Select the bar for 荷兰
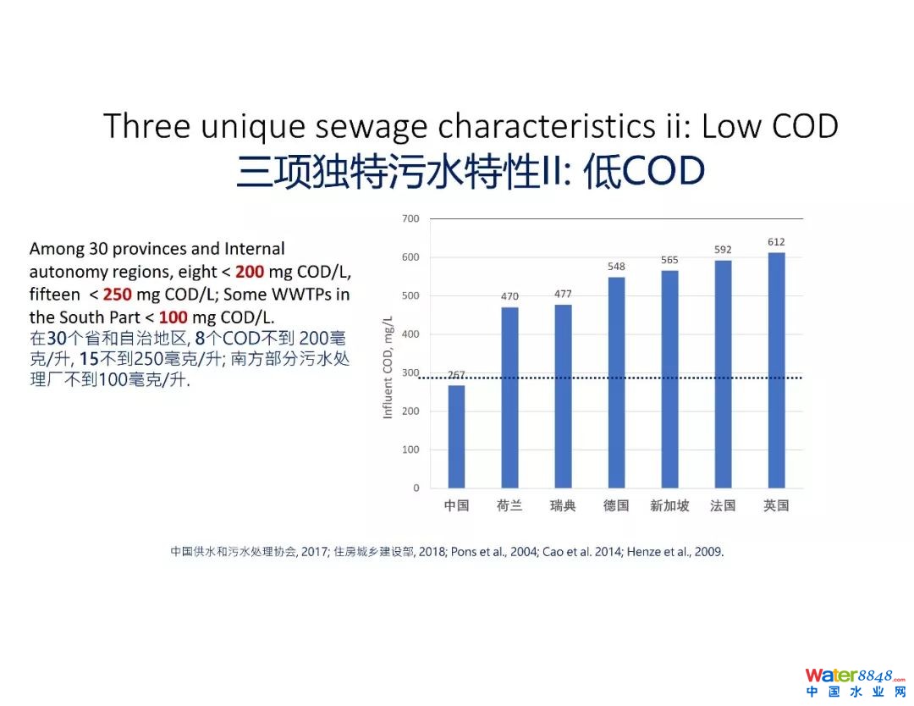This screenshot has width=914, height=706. [x=509, y=397]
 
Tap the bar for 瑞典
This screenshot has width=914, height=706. [x=562, y=395]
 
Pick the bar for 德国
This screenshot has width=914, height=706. [x=616, y=382]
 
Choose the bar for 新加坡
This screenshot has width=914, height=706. [x=669, y=378]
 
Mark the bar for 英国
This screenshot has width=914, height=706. [x=776, y=370]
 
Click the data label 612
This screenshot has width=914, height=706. [x=776, y=242]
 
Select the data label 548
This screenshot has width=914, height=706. [x=616, y=267]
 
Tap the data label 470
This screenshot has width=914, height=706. [x=509, y=296]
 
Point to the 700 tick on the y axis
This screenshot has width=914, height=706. [x=410, y=218]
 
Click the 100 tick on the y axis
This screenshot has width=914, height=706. [x=410, y=450]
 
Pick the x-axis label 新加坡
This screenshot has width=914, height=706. [x=669, y=506]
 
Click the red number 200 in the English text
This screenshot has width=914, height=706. [x=250, y=272]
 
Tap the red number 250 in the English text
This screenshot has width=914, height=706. [x=118, y=295]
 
